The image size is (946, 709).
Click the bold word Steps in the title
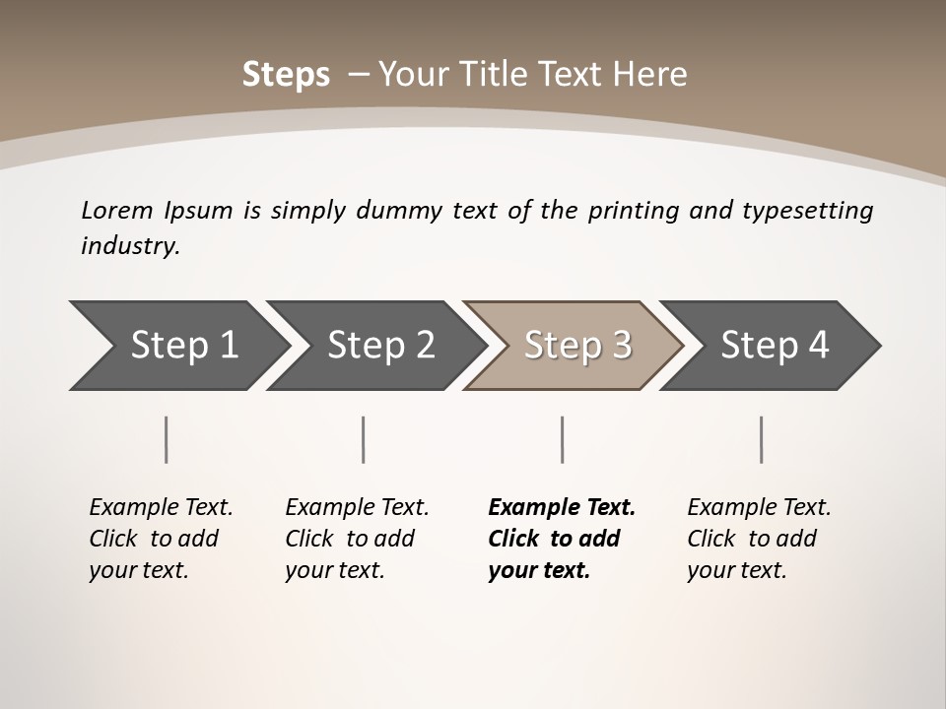coord(286,75)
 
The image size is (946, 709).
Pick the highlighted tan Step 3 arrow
coord(577,346)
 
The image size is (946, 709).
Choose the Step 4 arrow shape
coord(775,346)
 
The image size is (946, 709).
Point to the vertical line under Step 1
coord(167,439)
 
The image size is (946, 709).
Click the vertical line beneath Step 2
coord(364,439)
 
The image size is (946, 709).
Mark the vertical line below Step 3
coord(562,439)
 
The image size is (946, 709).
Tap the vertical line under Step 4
coord(762,439)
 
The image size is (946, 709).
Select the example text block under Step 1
coord(161,539)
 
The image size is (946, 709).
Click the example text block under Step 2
coord(357,539)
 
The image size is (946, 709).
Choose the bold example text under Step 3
coord(561,539)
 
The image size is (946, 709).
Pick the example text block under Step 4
coord(759,539)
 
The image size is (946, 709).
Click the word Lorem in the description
coord(116,210)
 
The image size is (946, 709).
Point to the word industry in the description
coord(129,246)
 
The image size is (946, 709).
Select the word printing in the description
coord(632,210)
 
